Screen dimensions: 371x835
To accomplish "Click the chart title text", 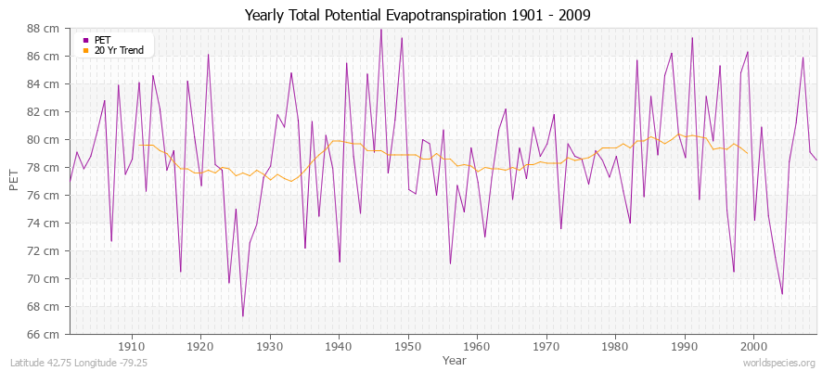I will pyautogui.click(x=417, y=16).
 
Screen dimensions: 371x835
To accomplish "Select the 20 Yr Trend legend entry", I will pyautogui.click(x=119, y=50).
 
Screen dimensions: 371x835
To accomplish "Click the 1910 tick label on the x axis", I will pyautogui.click(x=132, y=346).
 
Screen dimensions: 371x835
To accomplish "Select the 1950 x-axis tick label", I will pyautogui.click(x=407, y=346).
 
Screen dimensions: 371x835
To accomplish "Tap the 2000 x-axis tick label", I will pyautogui.click(x=752, y=346).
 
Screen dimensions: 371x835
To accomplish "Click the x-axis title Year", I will pyautogui.click(x=442, y=359).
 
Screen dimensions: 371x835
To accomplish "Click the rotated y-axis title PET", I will pyautogui.click(x=14, y=181).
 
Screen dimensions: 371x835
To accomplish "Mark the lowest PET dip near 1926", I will pyautogui.click(x=243, y=316).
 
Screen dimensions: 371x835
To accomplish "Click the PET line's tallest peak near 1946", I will pyautogui.click(x=380, y=30).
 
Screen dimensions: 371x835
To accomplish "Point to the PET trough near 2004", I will pyautogui.click(x=782, y=293).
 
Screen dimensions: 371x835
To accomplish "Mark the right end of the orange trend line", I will pyautogui.click(x=748, y=153).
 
